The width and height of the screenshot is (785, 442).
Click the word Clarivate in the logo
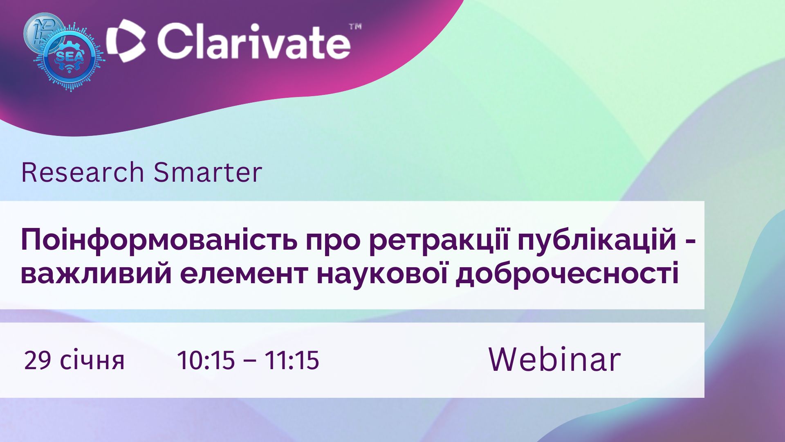pos(253,41)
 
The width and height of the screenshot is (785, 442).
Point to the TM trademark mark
pos(355,27)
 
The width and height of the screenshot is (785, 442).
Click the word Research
pos(82,172)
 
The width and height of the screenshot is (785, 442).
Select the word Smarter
pos(208,172)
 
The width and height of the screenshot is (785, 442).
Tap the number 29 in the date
pos(38,361)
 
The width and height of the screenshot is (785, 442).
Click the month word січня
pos(92,361)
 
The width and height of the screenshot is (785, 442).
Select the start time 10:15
pos(206,361)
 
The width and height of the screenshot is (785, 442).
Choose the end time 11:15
pos(292,361)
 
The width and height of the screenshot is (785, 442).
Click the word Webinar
pos(555,359)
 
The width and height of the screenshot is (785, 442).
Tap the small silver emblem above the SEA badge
pos(43,31)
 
